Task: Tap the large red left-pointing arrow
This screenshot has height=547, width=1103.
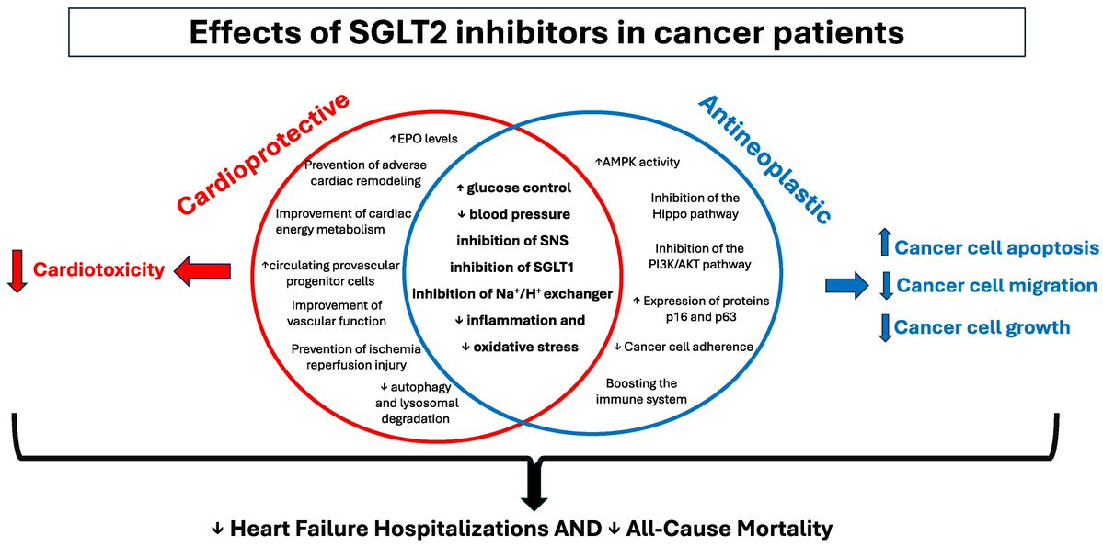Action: [x=202, y=270]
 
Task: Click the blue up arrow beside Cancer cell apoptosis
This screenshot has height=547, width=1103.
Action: [x=884, y=246]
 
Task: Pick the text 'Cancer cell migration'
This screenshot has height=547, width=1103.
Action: [x=996, y=286]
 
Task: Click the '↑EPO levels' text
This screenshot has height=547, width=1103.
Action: [x=423, y=138]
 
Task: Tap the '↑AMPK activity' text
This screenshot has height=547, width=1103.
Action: [x=638, y=163]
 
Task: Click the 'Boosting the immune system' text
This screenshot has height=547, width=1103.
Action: [x=647, y=391]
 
